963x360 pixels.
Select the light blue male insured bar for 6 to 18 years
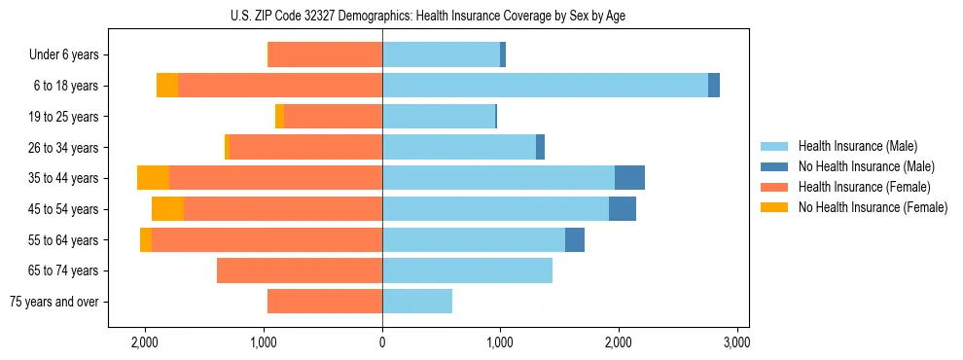point(545,86)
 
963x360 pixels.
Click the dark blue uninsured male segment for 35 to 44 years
point(629,178)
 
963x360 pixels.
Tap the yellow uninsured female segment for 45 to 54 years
point(167,209)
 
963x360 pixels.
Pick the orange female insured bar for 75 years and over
point(325,302)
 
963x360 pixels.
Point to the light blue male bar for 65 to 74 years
point(467,270)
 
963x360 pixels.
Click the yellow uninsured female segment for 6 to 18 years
point(167,86)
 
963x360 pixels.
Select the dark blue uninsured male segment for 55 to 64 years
point(575,239)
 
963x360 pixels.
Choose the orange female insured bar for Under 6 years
point(325,55)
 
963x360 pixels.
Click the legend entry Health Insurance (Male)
point(857,146)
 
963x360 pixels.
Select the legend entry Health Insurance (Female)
point(864,187)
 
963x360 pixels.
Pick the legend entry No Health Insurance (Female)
point(873,207)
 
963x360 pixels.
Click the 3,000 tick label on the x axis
point(736,342)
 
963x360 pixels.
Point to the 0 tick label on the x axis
point(382,342)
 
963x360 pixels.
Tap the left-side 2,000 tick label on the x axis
point(145,342)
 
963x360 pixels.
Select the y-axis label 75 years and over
point(54,302)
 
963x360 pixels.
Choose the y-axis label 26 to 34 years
point(66,148)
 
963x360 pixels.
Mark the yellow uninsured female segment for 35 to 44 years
point(153,178)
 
